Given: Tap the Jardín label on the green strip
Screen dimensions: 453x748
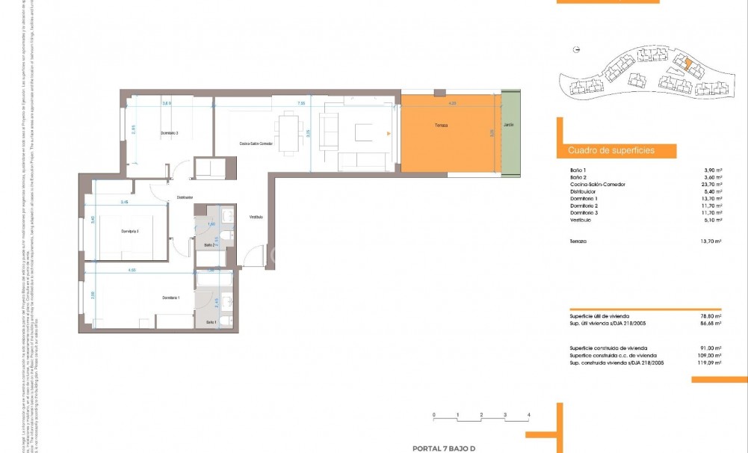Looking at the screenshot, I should pos(509,126).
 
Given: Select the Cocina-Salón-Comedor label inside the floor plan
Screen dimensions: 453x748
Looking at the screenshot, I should pos(256,144).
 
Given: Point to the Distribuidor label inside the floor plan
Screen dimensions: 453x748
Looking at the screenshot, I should pos(185,198).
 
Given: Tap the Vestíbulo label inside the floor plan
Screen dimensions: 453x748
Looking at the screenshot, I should pos(256,217).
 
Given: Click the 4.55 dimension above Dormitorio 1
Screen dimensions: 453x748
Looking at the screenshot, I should pos(132,270).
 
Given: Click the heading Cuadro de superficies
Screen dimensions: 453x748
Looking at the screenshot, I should pos(611,151).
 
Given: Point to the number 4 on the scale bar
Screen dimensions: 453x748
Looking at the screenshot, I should pos(529,414).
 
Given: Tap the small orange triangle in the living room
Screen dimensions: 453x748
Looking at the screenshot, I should pos(388,134).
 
